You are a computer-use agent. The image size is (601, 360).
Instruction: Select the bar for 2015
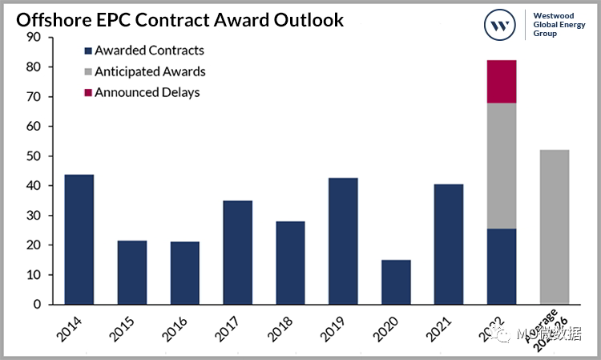131,272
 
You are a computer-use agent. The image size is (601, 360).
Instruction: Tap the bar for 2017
237,252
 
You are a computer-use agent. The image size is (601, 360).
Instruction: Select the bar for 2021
449,244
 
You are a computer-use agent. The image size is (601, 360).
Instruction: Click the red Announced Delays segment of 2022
502,81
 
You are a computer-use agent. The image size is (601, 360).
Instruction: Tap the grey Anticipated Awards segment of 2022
502,165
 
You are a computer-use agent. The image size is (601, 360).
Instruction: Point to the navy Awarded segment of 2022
502,266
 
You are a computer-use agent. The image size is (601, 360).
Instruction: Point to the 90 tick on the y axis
33,38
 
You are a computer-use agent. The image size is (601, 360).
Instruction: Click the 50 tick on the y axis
33,156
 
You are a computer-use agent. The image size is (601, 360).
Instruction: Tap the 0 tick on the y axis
36,305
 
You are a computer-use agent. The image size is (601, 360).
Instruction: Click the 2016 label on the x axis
180,330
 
